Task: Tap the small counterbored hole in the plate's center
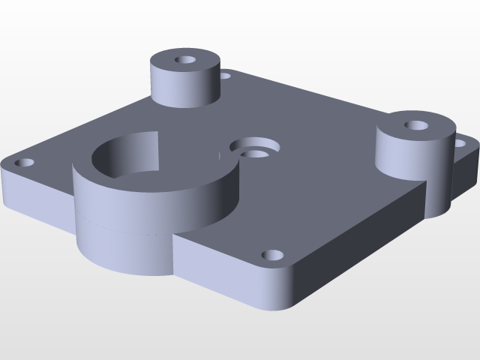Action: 256,154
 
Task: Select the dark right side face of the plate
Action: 360,240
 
